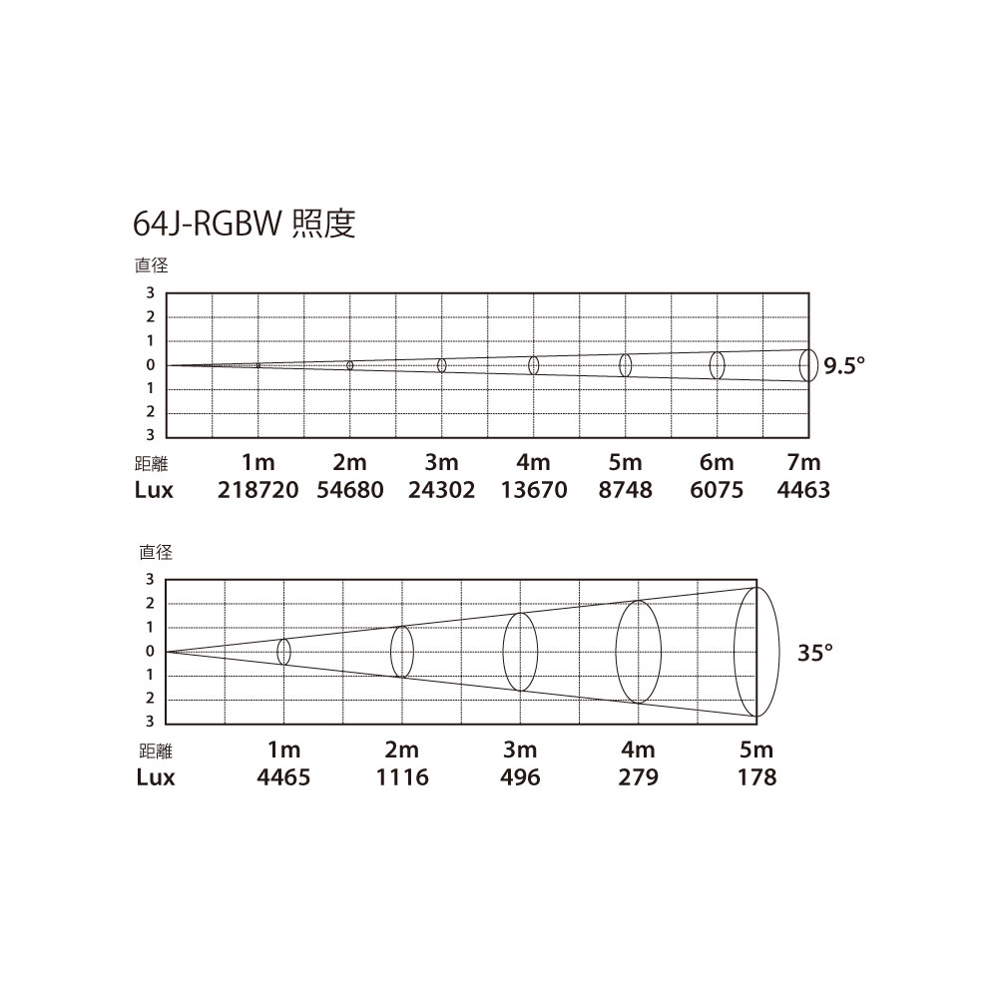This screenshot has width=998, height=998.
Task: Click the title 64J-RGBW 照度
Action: click(244, 224)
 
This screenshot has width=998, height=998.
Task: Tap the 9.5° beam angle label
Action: click(844, 366)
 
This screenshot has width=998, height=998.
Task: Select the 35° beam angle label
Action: click(815, 653)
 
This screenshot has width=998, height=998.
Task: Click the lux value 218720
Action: click(257, 489)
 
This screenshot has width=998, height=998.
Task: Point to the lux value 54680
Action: click(350, 489)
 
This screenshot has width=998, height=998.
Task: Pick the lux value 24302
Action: click(442, 489)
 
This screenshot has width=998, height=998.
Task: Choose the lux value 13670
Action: click(533, 489)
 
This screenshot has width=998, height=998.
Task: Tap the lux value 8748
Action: click(625, 489)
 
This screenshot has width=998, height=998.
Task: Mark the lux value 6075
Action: click(717, 489)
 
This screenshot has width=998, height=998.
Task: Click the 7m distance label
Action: click(803, 462)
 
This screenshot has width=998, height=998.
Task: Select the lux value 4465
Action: click(283, 777)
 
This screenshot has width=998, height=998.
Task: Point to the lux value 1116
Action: click(402, 777)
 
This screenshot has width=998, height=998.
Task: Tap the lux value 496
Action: click(520, 777)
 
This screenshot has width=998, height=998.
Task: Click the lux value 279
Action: click(638, 777)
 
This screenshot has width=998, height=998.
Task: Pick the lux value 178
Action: click(756, 777)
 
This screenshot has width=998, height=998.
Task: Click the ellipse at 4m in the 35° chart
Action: click(639, 652)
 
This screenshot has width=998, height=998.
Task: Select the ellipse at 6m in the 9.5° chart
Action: click(718, 365)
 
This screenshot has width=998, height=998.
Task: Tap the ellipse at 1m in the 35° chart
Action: click(283, 652)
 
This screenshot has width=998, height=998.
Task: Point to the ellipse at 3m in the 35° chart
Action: click(520, 652)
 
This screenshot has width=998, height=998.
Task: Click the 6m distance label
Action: click(717, 462)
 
